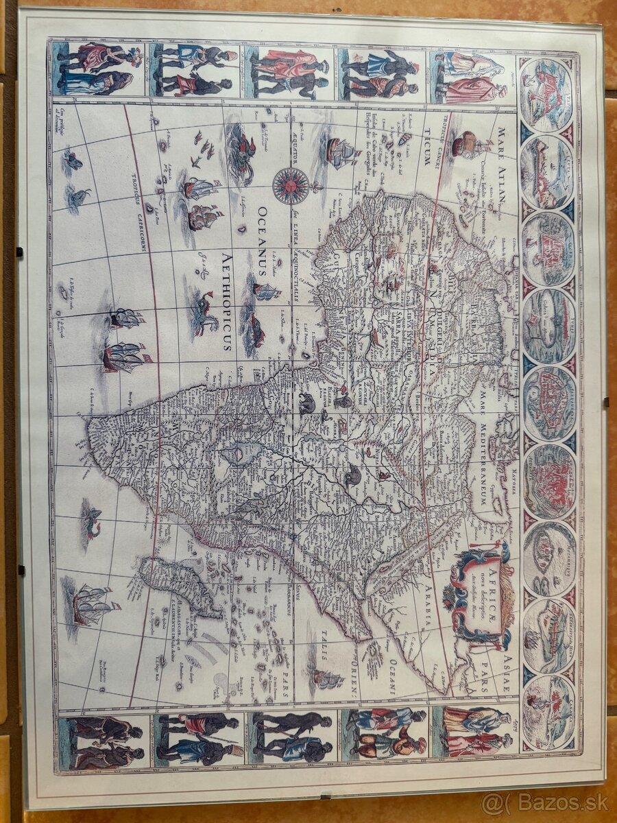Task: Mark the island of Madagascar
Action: [178, 584]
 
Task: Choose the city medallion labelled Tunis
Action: [548, 322]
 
